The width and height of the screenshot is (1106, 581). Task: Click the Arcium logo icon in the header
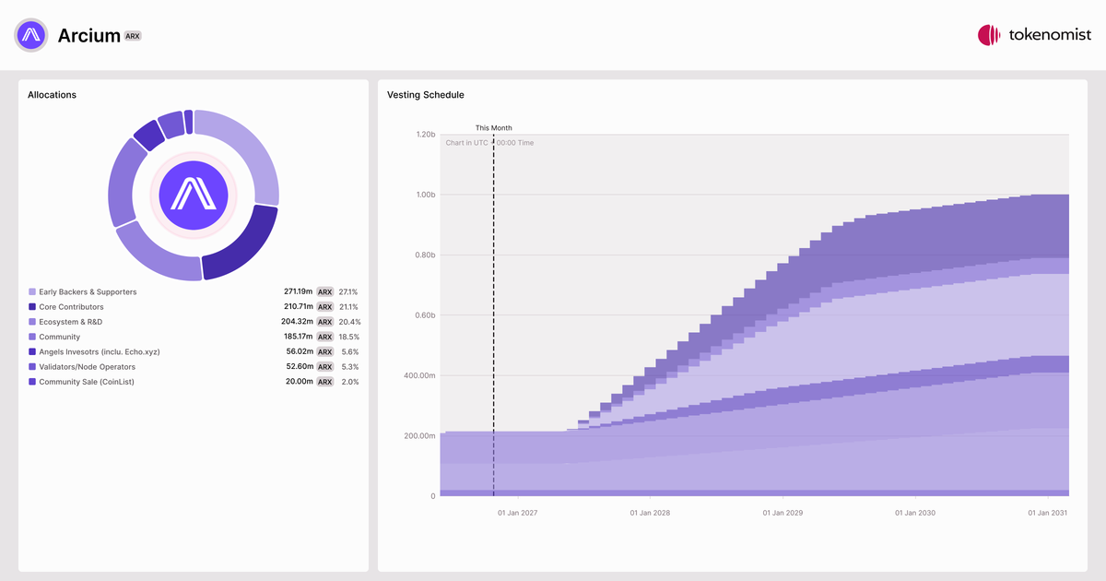click(x=31, y=35)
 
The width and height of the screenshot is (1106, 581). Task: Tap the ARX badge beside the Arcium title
click(x=133, y=36)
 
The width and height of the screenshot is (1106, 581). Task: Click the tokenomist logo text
click(x=1050, y=35)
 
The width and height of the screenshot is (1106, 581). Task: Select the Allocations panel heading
click(x=52, y=95)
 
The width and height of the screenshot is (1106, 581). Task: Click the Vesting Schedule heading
click(x=425, y=95)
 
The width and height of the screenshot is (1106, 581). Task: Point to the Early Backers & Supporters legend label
click(x=88, y=292)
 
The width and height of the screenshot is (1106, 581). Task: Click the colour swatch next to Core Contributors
click(x=32, y=307)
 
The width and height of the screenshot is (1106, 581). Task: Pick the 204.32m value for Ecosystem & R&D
click(x=297, y=322)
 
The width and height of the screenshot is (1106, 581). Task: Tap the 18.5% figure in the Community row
click(x=349, y=337)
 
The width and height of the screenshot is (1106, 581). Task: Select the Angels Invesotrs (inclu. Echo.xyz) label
click(x=100, y=351)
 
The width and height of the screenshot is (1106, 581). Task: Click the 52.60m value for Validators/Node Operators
click(x=300, y=367)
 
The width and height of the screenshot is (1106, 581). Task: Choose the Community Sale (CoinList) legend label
click(x=87, y=382)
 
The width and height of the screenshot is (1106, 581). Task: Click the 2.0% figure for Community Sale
click(x=350, y=382)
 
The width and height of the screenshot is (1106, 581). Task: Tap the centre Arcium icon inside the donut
click(x=194, y=196)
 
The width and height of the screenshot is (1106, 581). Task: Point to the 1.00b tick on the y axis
click(x=426, y=195)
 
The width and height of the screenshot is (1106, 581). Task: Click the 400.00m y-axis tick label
click(x=419, y=375)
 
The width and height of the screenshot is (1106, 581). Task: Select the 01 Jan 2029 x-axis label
click(x=782, y=513)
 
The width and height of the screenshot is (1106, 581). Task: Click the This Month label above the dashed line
click(x=494, y=128)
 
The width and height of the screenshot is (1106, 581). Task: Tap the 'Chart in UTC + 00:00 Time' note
click(x=489, y=143)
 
